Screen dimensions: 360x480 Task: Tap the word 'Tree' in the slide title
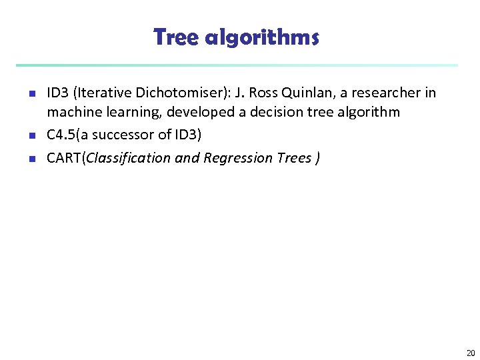point(177,37)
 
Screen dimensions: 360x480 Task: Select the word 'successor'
point(123,135)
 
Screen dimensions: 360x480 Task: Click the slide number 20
point(471,353)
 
